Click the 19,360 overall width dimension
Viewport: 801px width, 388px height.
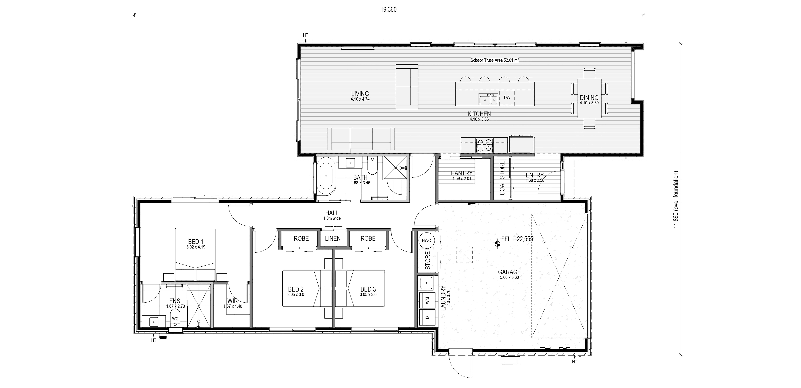[x=388, y=10]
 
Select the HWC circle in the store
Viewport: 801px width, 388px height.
[x=427, y=240]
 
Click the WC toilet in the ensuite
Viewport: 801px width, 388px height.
[x=175, y=318]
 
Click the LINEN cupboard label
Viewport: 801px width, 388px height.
[x=333, y=239]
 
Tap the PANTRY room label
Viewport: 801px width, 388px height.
[x=462, y=173]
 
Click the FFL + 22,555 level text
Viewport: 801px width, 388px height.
[x=517, y=239]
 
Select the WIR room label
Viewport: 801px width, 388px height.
[x=233, y=301]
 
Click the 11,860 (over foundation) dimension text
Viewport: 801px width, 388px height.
[x=676, y=200]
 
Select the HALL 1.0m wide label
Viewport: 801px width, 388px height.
[x=332, y=215]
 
